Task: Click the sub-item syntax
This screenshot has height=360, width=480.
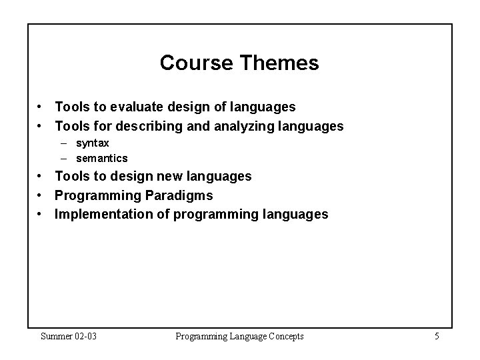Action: tap(93, 143)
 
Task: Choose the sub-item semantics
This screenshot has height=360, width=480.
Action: tap(101, 159)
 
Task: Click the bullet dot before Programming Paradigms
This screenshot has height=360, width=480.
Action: tap(41, 195)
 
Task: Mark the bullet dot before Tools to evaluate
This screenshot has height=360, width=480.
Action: tap(41, 107)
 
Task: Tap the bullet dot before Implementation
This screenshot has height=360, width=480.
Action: tap(41, 214)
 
